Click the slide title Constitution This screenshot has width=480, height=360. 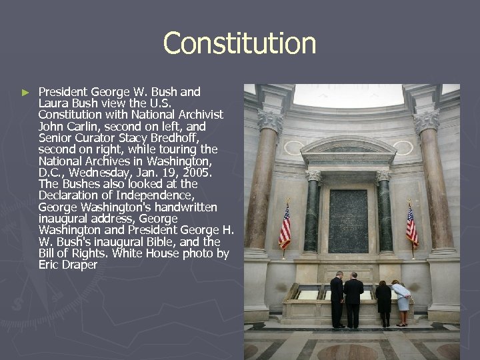(239, 43)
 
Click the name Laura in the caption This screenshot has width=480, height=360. (52, 103)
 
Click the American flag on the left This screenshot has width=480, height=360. (285, 227)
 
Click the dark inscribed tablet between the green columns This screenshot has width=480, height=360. (348, 221)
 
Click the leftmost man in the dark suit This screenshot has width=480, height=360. (337, 299)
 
